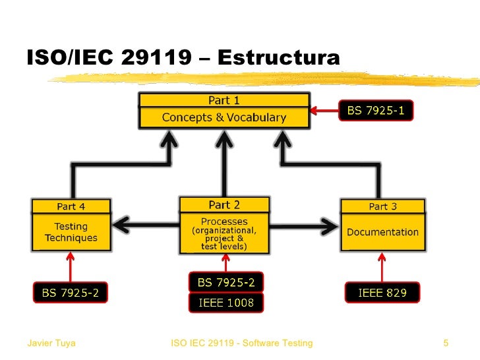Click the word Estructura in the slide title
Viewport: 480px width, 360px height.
click(x=278, y=58)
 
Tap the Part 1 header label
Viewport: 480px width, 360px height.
click(x=224, y=100)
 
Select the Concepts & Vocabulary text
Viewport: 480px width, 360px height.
click(x=224, y=118)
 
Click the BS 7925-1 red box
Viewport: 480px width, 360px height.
click(x=375, y=111)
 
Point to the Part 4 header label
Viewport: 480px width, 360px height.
click(x=71, y=206)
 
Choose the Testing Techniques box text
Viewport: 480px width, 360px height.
click(x=71, y=232)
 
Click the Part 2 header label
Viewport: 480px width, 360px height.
click(x=224, y=205)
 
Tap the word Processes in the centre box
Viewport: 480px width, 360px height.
click(x=224, y=222)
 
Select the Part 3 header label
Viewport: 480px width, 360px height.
click(x=382, y=206)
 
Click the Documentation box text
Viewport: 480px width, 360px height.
click(x=382, y=232)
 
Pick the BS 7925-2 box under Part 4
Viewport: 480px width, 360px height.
click(x=71, y=293)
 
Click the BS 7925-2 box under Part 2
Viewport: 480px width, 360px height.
click(x=226, y=283)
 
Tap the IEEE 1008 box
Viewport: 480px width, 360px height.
click(x=226, y=303)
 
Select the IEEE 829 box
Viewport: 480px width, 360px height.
click(x=382, y=293)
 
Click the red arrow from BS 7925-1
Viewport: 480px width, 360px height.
click(x=324, y=110)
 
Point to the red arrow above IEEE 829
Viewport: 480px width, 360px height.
click(x=382, y=267)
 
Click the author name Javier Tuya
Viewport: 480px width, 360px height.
click(x=51, y=343)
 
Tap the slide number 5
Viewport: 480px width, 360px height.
click(x=446, y=343)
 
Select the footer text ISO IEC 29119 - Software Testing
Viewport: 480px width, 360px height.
click(x=241, y=343)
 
